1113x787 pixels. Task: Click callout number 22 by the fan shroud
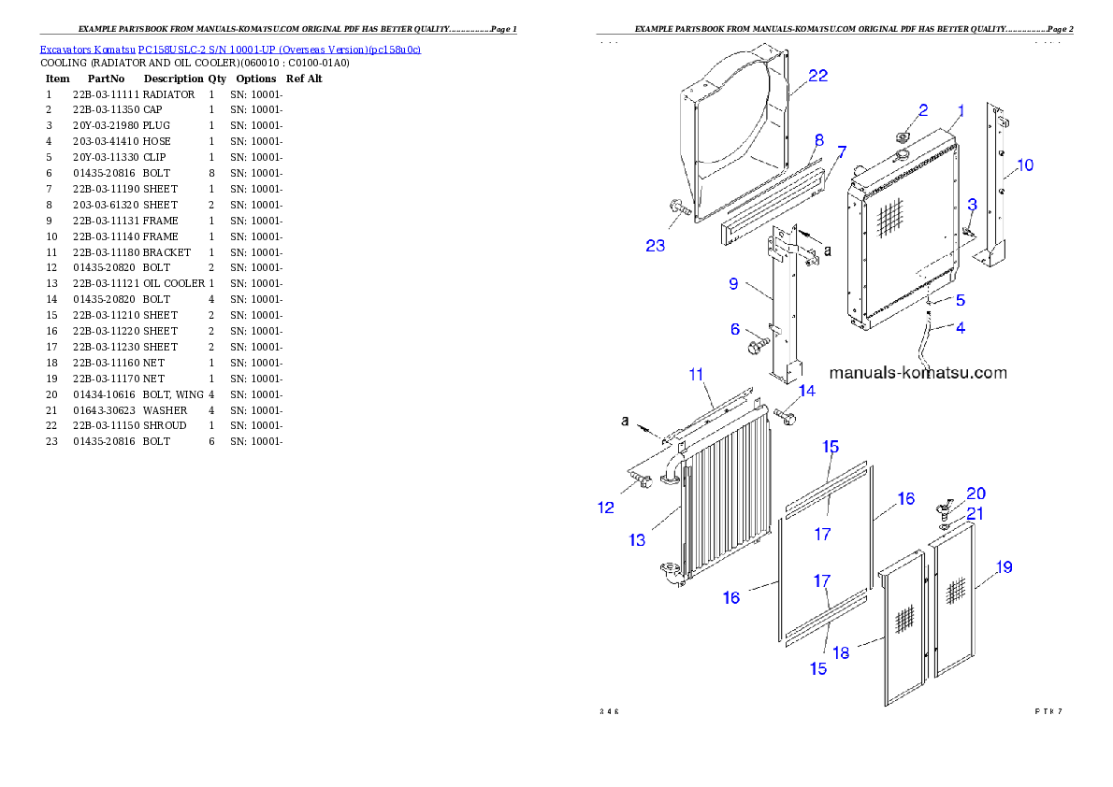(x=817, y=76)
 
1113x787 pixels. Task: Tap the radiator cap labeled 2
(x=903, y=137)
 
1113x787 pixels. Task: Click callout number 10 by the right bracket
(x=1025, y=165)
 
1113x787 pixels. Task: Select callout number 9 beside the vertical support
(x=734, y=283)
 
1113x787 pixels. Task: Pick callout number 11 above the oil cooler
(x=696, y=374)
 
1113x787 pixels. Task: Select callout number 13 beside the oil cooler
(x=637, y=539)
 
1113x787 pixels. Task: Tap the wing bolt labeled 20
(x=942, y=508)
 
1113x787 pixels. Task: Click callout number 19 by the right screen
(x=1004, y=566)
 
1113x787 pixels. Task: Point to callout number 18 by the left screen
(x=842, y=652)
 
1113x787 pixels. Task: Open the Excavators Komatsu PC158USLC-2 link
(x=229, y=49)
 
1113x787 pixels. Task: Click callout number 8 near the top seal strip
(x=818, y=140)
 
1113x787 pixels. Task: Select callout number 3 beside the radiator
(x=973, y=204)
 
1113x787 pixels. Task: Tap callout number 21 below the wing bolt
(x=975, y=513)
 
